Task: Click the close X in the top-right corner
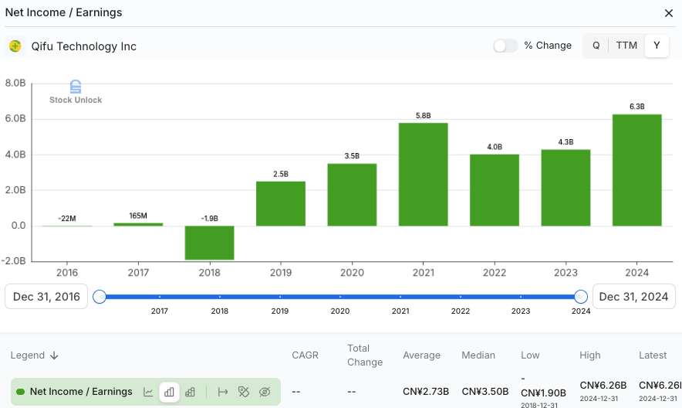668,13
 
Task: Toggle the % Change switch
505,46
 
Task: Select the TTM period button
626,46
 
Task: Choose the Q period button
596,46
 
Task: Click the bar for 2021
424,174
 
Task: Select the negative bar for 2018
209,243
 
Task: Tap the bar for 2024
636,170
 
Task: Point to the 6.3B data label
636,107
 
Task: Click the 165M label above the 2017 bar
138,216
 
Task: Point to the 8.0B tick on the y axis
15,83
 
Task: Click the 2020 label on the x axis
352,273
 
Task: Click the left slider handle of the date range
100,297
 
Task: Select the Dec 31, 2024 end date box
633,297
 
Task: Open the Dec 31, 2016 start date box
46,297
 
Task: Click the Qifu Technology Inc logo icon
15,46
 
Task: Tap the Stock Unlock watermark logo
76,87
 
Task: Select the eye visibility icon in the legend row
265,392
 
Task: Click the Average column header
421,355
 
